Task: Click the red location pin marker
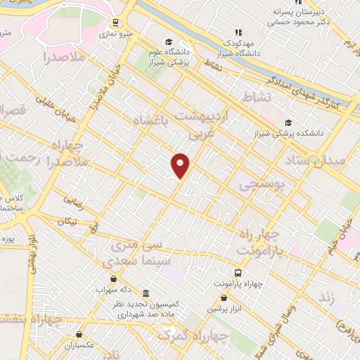click(181, 165)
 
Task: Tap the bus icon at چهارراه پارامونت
click(238, 272)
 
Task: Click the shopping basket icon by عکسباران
click(79, 334)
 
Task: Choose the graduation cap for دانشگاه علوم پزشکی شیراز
click(167, 41)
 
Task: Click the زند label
click(326, 297)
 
